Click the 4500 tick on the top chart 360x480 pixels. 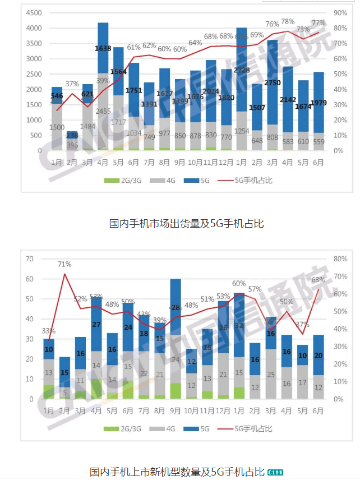tap(34, 12)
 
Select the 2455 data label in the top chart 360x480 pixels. tap(103, 111)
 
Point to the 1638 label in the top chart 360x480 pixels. tap(103, 49)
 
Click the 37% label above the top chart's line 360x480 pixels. tap(72, 84)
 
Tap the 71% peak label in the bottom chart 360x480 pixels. tap(65, 264)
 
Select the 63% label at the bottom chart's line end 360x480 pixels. tap(319, 279)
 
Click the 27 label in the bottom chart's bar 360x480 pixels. tap(96, 324)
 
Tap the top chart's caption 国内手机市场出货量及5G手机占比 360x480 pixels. tap(186, 223)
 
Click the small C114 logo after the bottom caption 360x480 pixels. tap(275, 472)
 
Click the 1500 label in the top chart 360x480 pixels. tap(57, 128)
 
